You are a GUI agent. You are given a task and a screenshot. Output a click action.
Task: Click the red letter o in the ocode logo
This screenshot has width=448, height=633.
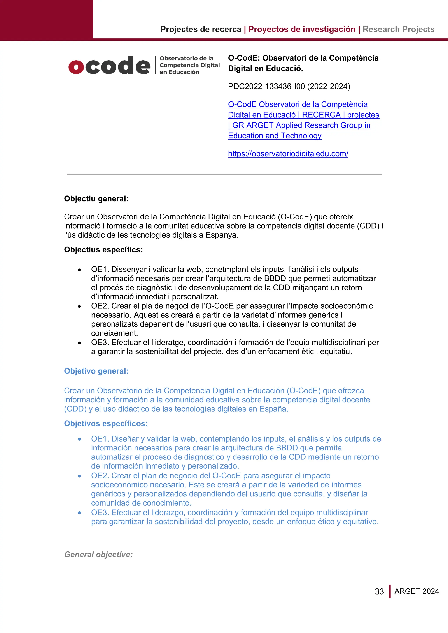coord(76,66)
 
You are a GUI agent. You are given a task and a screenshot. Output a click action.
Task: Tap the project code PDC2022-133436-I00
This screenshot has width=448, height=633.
coord(266,87)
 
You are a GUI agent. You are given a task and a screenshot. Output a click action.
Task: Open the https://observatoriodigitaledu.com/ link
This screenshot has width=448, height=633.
coord(288,154)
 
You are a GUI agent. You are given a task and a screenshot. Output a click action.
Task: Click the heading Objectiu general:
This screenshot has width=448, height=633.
coord(96,199)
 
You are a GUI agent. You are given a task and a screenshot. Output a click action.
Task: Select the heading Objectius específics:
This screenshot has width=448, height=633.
coord(103,250)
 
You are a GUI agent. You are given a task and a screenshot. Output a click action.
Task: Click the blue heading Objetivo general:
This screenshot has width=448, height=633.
coord(96,371)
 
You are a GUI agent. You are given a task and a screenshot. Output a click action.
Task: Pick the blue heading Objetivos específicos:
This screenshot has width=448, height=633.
coord(106,423)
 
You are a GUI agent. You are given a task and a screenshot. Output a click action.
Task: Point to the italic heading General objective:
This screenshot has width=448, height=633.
coord(98,555)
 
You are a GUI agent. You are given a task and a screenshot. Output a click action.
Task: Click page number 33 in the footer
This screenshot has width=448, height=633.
coord(379,591)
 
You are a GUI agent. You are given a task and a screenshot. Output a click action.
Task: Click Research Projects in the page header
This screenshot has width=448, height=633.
coord(398,29)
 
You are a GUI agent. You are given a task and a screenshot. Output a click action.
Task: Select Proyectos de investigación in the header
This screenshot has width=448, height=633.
coord(302,29)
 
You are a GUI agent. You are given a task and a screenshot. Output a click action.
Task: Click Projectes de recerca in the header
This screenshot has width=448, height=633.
coord(201,29)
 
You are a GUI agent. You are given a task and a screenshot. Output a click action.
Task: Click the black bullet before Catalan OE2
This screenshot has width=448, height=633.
coord(79,306)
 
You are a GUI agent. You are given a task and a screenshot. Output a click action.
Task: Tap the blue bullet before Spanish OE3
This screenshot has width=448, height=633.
coord(79,513)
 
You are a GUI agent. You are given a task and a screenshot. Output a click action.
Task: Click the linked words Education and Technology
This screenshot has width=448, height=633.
coord(275,136)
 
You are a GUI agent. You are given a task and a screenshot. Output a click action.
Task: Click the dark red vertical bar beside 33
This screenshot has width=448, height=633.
coord(390,591)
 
